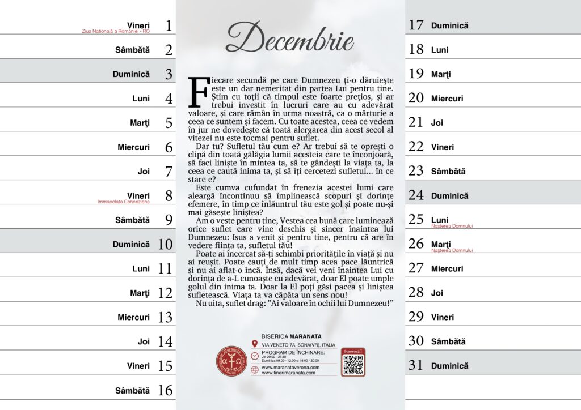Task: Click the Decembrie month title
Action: (x=289, y=38)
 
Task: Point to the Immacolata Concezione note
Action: (x=123, y=202)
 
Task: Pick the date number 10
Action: (x=165, y=245)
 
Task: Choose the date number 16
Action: (x=165, y=390)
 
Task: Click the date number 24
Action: (x=416, y=195)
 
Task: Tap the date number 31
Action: (x=416, y=366)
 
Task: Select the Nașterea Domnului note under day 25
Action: (x=452, y=226)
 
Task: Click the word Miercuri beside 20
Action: (x=447, y=99)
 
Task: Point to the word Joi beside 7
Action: (x=144, y=171)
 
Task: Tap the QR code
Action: (x=353, y=365)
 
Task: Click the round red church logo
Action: (x=231, y=361)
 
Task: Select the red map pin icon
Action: (x=255, y=344)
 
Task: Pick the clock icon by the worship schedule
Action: (x=255, y=356)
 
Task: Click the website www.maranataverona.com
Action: (x=290, y=367)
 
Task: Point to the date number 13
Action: (x=165, y=317)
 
